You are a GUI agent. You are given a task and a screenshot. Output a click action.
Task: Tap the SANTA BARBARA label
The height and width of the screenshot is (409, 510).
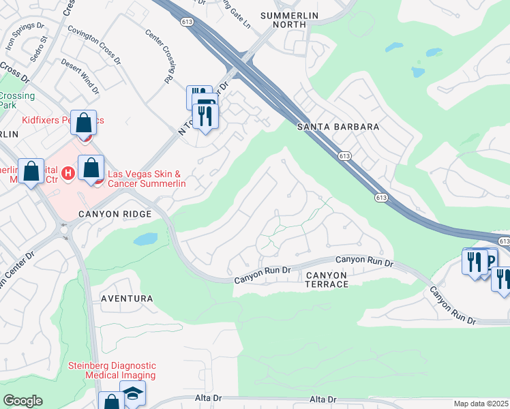337,127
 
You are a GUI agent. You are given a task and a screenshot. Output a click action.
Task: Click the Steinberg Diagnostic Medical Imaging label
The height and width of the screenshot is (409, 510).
112,370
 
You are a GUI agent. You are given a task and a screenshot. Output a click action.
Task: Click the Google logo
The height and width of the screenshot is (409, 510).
22,401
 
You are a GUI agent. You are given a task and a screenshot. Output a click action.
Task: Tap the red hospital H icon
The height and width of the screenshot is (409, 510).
68,174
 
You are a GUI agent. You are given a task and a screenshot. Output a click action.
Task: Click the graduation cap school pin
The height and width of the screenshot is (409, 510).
132,393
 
